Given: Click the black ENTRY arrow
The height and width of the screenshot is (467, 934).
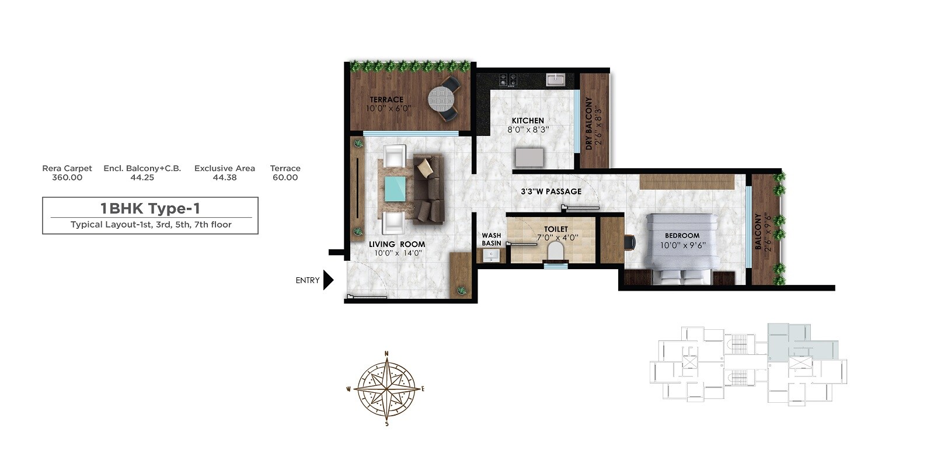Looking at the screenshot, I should [328, 280].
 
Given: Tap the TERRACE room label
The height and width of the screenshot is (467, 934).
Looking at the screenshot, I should [386, 100].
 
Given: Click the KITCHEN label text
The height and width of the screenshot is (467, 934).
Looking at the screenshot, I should [528, 121].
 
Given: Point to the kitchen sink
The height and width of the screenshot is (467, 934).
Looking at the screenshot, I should [556, 79].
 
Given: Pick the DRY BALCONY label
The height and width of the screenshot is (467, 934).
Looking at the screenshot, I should [589, 124].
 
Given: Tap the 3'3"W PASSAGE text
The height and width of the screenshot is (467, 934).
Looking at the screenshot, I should [551, 191].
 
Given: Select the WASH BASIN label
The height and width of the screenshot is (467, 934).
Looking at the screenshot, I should [491, 239].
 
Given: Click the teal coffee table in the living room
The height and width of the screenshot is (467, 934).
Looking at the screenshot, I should [396, 189].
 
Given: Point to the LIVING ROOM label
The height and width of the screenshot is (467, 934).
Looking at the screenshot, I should [397, 245].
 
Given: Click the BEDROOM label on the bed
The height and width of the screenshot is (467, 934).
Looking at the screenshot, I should [682, 236].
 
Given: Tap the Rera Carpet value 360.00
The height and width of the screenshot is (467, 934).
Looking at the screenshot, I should [67, 177].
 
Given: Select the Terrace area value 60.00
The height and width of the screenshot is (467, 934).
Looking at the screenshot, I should [285, 177].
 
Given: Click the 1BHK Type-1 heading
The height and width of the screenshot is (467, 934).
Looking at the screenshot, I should [150, 208].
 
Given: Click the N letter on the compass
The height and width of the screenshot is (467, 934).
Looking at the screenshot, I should [386, 354].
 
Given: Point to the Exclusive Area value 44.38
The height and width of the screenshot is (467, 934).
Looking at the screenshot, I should [225, 177].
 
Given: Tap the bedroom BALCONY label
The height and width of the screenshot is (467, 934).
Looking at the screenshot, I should [758, 231].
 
